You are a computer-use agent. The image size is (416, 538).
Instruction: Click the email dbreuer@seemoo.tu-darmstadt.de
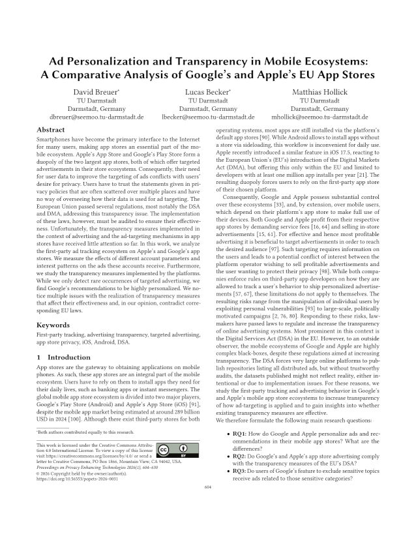(97, 117)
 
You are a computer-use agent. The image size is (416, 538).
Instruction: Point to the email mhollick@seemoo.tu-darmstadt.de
(320, 117)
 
